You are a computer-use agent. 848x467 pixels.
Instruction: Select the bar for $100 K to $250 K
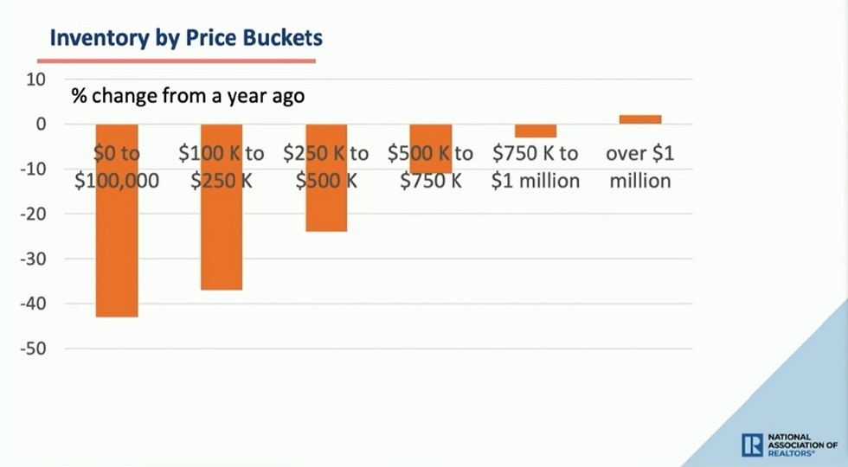(222, 233)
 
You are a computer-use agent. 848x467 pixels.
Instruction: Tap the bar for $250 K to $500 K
(326, 203)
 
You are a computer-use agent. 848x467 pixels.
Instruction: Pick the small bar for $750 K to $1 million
(536, 131)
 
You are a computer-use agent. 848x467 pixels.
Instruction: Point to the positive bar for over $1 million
(640, 119)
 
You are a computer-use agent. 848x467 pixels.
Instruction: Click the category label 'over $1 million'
(639, 167)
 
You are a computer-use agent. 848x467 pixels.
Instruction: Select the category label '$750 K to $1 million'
(535, 167)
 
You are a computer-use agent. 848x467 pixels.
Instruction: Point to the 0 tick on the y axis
(39, 125)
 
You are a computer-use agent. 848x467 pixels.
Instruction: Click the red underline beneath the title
(177, 61)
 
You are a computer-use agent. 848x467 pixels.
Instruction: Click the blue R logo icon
(752, 445)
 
